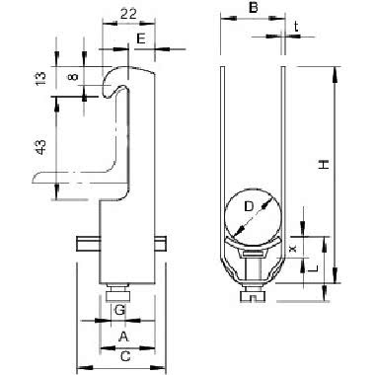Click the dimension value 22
click(x=128, y=14)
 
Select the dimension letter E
click(x=141, y=38)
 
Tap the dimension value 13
click(x=40, y=78)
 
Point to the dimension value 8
click(x=74, y=77)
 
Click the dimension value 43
click(x=40, y=147)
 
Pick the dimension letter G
click(x=119, y=310)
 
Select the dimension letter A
click(x=123, y=337)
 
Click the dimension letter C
click(x=125, y=356)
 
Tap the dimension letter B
click(x=253, y=8)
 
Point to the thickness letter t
click(x=296, y=27)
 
